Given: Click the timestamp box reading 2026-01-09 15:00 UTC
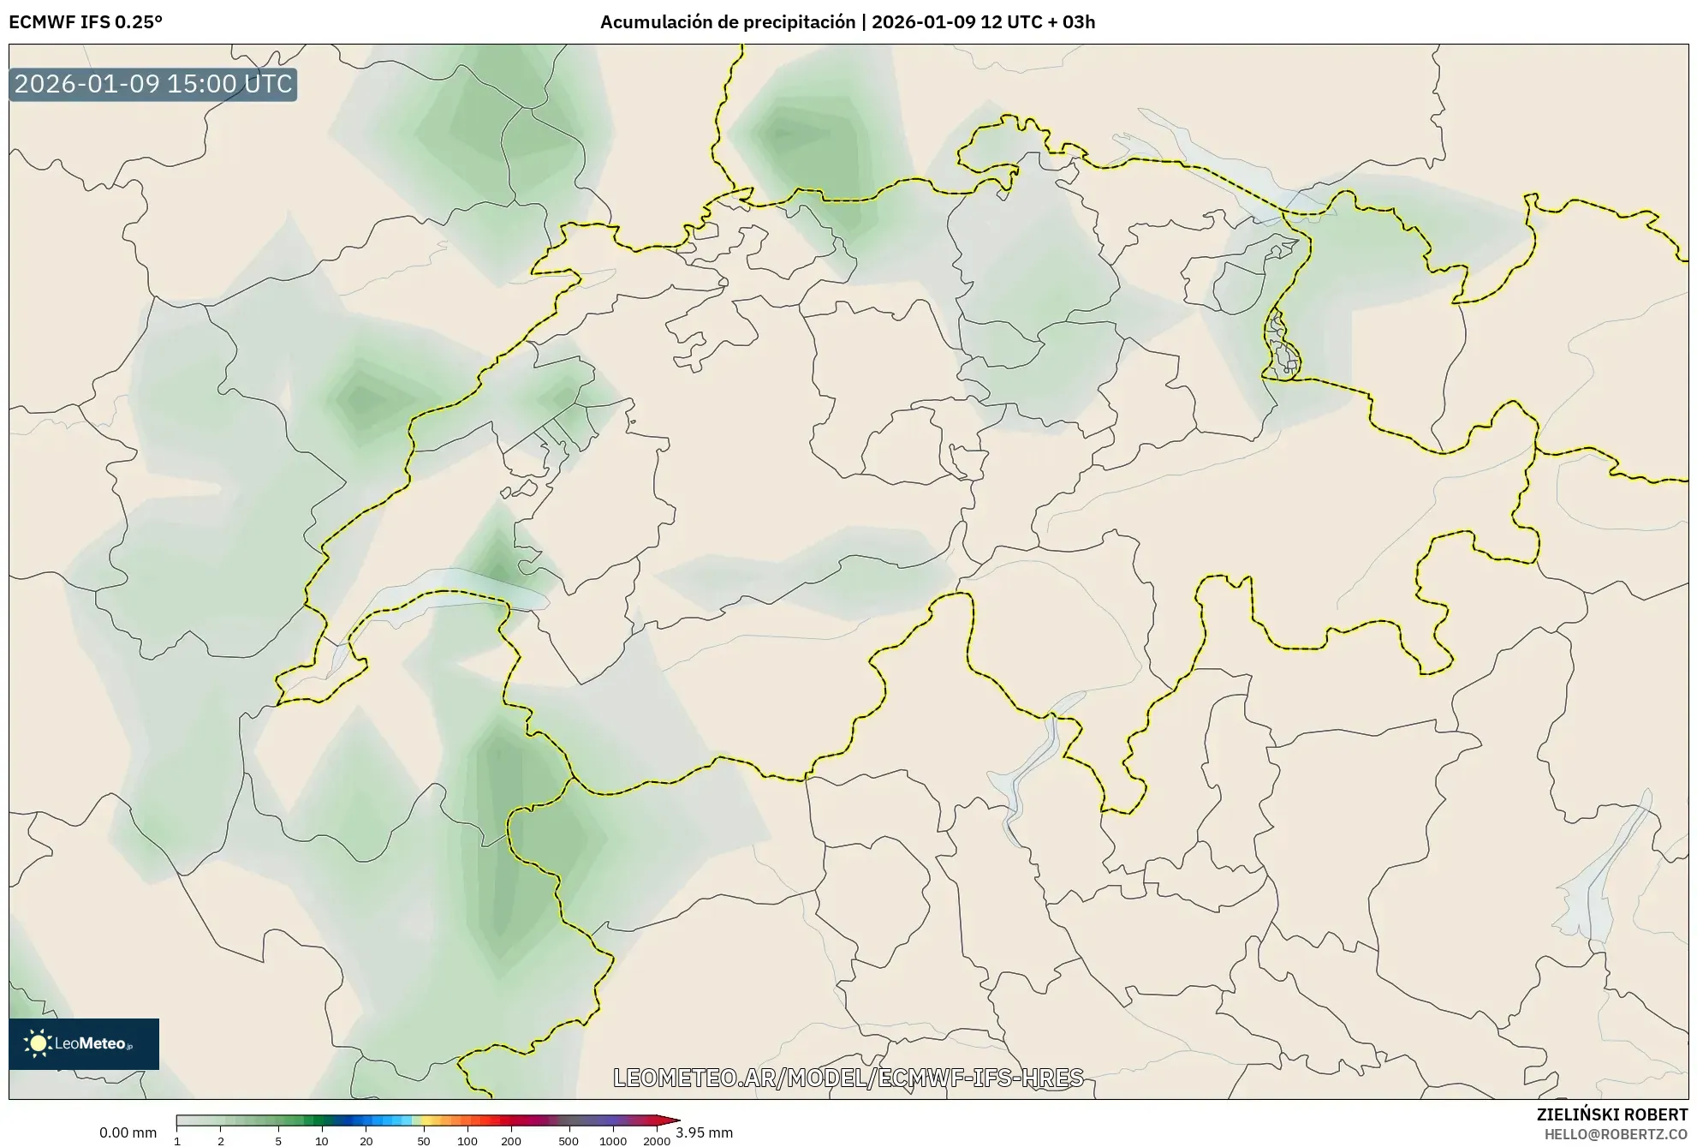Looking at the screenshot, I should coord(152,84).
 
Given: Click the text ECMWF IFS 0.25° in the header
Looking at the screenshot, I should coord(85,21).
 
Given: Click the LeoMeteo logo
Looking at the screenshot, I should coord(84,1043).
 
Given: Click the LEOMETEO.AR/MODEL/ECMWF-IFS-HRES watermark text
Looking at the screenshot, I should coord(848,1078).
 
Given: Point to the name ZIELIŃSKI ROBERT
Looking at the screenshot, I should coord(1612,1114).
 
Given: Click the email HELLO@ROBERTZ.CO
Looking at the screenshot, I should coord(1616,1134).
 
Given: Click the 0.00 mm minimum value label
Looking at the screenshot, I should coord(128,1132).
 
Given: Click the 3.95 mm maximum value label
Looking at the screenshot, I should coord(704,1132).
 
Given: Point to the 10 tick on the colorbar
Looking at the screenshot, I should coord(321,1141).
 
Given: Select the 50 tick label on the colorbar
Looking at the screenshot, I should coord(423,1141).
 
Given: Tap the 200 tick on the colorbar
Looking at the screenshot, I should coord(511,1141).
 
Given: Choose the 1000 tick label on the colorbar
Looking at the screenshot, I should coord(612,1141).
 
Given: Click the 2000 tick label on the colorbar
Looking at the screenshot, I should coord(657,1141).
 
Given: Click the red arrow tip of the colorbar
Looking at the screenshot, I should coord(674,1120).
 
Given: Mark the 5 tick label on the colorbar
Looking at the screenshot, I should coord(278,1141).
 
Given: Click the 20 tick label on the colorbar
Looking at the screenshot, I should coord(366,1141).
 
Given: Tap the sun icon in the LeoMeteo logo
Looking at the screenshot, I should coord(37,1043).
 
